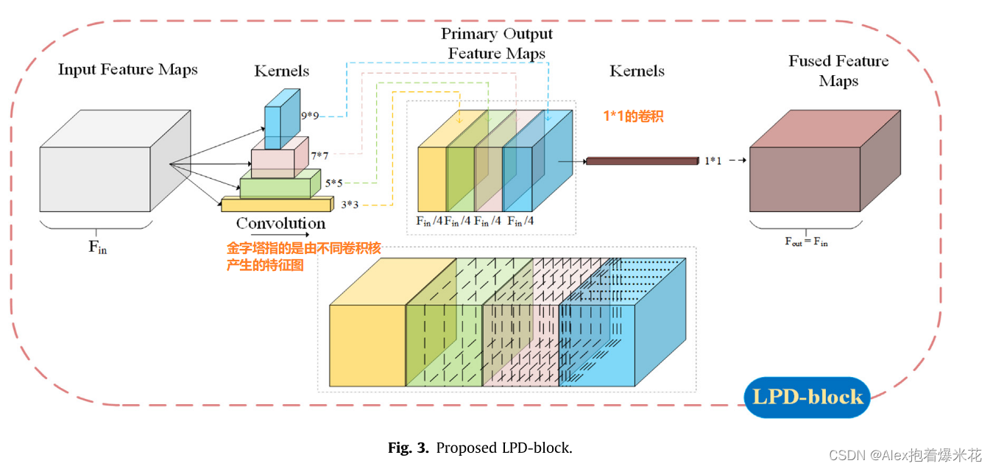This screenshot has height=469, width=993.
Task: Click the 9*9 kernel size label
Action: tap(310, 116)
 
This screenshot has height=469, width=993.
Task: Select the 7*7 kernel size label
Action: tap(319, 155)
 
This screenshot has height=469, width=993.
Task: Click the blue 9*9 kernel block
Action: tap(281, 119)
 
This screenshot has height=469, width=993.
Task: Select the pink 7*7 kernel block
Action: tap(278, 158)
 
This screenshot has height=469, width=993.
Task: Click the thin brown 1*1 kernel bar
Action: tap(641, 161)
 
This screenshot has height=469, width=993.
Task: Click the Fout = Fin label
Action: tap(805, 241)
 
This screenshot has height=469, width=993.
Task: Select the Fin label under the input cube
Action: tap(97, 247)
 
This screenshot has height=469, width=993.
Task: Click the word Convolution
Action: tap(280, 223)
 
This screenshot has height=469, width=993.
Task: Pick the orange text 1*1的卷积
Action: tap(633, 116)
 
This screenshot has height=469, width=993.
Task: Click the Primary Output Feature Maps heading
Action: tap(497, 43)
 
